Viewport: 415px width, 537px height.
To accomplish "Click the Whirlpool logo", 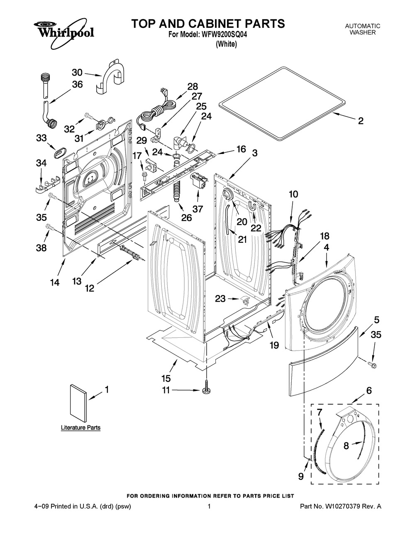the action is (x=63, y=33).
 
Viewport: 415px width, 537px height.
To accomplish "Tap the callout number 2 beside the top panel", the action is (x=361, y=121).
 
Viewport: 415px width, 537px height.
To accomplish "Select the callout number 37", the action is (x=198, y=209).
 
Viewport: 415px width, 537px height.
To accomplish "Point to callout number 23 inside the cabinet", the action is (x=221, y=298).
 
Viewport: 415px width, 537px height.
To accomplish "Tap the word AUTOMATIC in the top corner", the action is (x=363, y=26).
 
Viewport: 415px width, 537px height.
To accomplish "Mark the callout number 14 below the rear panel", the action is (x=55, y=282).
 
